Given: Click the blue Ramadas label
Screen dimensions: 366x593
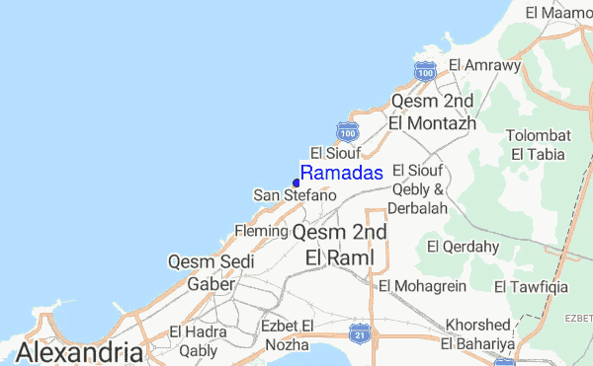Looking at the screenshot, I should pos(341,174).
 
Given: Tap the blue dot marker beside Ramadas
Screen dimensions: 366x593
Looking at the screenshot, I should pos(296,182).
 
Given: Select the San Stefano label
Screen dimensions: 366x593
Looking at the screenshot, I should pos(296,196).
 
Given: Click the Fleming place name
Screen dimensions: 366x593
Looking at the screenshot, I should pos(260,231).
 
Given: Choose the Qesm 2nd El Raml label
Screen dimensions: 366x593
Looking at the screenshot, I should pos(340,244).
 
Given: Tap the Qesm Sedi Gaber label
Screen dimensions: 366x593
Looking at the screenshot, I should pos(212,272).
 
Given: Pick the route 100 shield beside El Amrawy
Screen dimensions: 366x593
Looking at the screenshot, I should pos(425,71).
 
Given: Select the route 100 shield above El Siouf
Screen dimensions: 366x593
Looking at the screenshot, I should pos(347,131).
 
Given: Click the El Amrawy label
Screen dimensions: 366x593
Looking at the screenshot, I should pos(484,65).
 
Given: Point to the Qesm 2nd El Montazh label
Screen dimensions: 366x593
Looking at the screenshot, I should pos(433,112).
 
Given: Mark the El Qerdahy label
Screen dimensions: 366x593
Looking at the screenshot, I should pos(459,245).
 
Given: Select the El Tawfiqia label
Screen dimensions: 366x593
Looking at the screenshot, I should pos(529,287).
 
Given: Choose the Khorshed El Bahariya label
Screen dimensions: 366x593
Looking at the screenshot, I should pos(479,333).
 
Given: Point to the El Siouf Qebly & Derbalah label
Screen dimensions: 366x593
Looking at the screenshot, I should pos(421,189).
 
